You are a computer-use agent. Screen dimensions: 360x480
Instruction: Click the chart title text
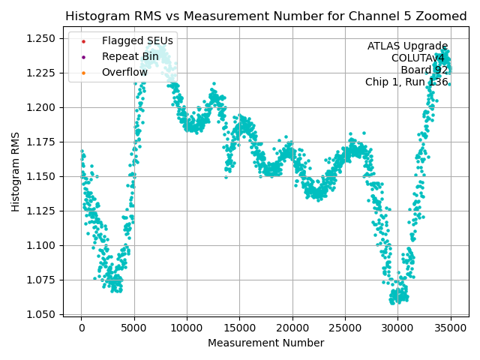pyautogui.click(x=265, y=16)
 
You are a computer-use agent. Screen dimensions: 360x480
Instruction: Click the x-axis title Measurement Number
pyautogui.click(x=265, y=343)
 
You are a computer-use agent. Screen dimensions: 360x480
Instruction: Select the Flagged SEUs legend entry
pyautogui.click(x=137, y=40)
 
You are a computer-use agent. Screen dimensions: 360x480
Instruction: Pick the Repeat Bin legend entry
pyautogui.click(x=130, y=56)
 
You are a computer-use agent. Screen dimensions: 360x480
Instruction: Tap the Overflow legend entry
pyautogui.click(x=125, y=72)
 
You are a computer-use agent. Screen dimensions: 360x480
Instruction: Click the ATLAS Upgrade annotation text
pyautogui.click(x=407, y=46)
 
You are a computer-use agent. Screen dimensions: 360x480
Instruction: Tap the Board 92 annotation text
pyautogui.click(x=424, y=70)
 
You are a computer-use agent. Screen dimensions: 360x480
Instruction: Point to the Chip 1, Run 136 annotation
pyautogui.click(x=406, y=82)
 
